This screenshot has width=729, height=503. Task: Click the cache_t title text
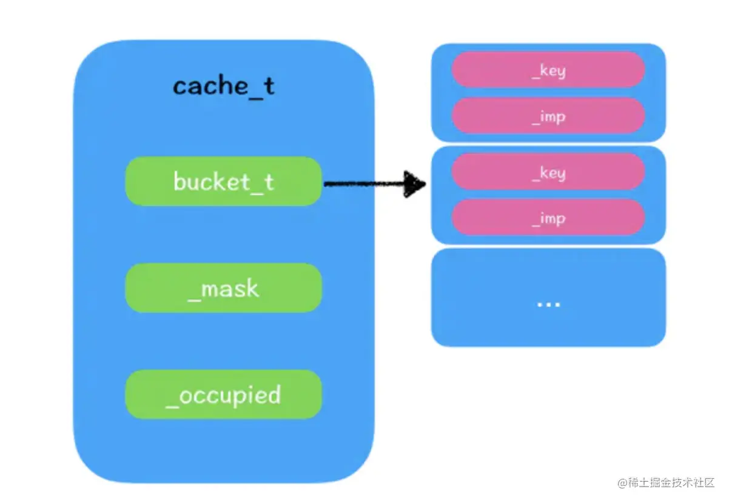click(x=223, y=87)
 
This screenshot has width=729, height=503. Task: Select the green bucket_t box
click(x=223, y=181)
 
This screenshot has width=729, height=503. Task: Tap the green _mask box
click(x=223, y=288)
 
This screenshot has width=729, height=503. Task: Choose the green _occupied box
click(x=223, y=395)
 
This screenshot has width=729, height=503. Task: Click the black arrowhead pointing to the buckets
click(x=416, y=184)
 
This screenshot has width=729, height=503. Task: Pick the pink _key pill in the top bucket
click(x=548, y=70)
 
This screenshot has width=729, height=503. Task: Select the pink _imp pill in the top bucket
click(x=548, y=116)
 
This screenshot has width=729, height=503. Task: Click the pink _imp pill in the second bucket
click(x=548, y=218)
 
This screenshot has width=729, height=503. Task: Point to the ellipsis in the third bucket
click(x=548, y=303)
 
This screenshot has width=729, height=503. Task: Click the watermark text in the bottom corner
click(x=667, y=483)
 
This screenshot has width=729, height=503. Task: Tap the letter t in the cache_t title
click(x=268, y=86)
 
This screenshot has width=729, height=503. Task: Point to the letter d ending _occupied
click(x=274, y=394)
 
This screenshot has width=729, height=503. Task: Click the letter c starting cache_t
click(x=180, y=88)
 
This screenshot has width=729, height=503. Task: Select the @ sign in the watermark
click(x=622, y=483)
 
